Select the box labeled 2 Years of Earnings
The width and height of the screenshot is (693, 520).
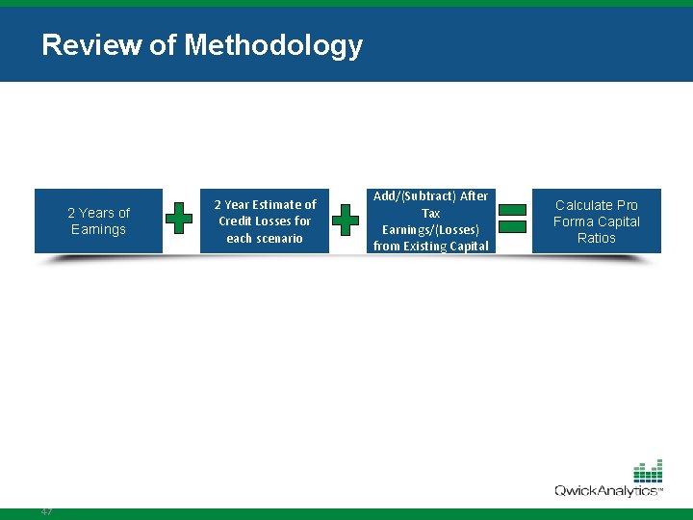(x=98, y=221)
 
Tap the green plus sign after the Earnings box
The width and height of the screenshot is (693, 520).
(x=178, y=219)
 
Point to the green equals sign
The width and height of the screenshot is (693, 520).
(x=513, y=217)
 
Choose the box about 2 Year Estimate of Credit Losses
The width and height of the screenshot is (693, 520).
(x=265, y=221)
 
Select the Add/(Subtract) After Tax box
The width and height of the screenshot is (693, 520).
(x=430, y=221)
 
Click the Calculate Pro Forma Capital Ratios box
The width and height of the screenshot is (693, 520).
(x=596, y=221)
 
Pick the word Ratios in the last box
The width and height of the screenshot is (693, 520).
(x=596, y=238)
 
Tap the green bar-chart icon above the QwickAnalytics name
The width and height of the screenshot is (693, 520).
(x=648, y=471)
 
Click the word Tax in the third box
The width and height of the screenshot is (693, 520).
(x=430, y=213)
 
